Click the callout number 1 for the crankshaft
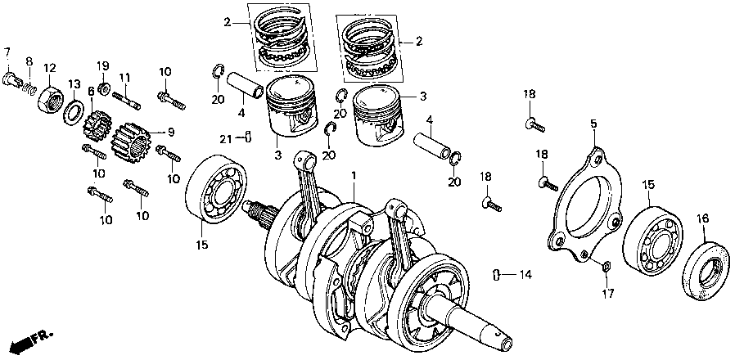354,176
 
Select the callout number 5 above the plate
593,124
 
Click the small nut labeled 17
605,264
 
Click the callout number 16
701,218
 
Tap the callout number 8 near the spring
29,61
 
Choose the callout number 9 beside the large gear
170,132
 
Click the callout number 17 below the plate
606,292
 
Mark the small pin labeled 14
498,272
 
